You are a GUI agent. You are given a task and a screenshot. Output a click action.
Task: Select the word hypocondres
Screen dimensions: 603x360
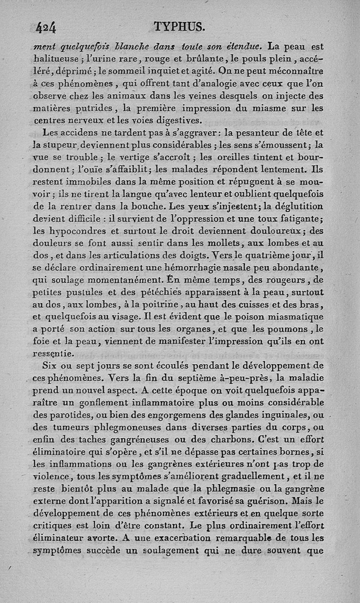[x=76, y=232]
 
